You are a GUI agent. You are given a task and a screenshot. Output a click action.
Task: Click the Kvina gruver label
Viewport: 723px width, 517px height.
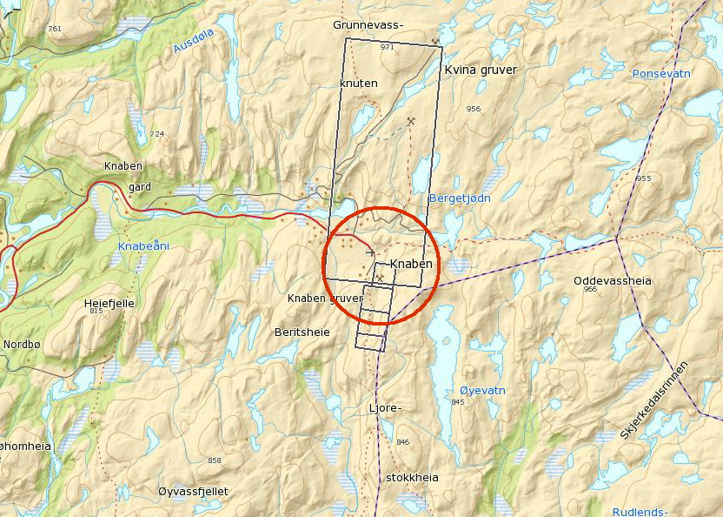(x=480, y=70)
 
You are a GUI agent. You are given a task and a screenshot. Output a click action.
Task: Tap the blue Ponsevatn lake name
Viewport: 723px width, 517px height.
(x=661, y=74)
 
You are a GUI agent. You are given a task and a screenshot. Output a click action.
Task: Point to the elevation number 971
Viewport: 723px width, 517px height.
(x=387, y=46)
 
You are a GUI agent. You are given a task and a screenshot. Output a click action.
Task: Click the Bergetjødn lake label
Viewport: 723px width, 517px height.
(x=460, y=198)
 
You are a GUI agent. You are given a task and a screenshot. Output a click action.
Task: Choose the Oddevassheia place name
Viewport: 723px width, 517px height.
(x=612, y=281)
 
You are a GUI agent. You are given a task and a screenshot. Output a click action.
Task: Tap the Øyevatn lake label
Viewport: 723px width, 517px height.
(x=482, y=391)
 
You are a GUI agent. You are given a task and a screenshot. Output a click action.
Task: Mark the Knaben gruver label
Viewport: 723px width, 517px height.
(x=325, y=299)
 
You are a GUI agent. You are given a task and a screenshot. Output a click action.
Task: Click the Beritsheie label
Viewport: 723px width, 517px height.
(x=302, y=332)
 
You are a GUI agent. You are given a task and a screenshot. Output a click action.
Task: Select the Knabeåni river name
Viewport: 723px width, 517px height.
(x=143, y=246)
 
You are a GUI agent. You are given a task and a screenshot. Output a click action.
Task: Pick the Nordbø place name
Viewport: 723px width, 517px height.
(x=22, y=344)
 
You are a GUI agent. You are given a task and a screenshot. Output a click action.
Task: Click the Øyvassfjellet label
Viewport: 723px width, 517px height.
(x=193, y=492)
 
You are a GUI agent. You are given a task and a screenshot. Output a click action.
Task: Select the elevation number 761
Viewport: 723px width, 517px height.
(x=55, y=29)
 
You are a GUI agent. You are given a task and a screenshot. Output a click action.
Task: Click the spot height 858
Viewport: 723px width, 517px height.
(x=215, y=460)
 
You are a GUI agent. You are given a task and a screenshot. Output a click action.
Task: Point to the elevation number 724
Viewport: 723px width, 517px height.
(x=156, y=134)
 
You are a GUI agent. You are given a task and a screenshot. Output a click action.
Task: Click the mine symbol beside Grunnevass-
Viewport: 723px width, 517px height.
(x=435, y=41)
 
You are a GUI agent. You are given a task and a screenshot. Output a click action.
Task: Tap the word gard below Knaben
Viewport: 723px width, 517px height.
(x=140, y=186)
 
